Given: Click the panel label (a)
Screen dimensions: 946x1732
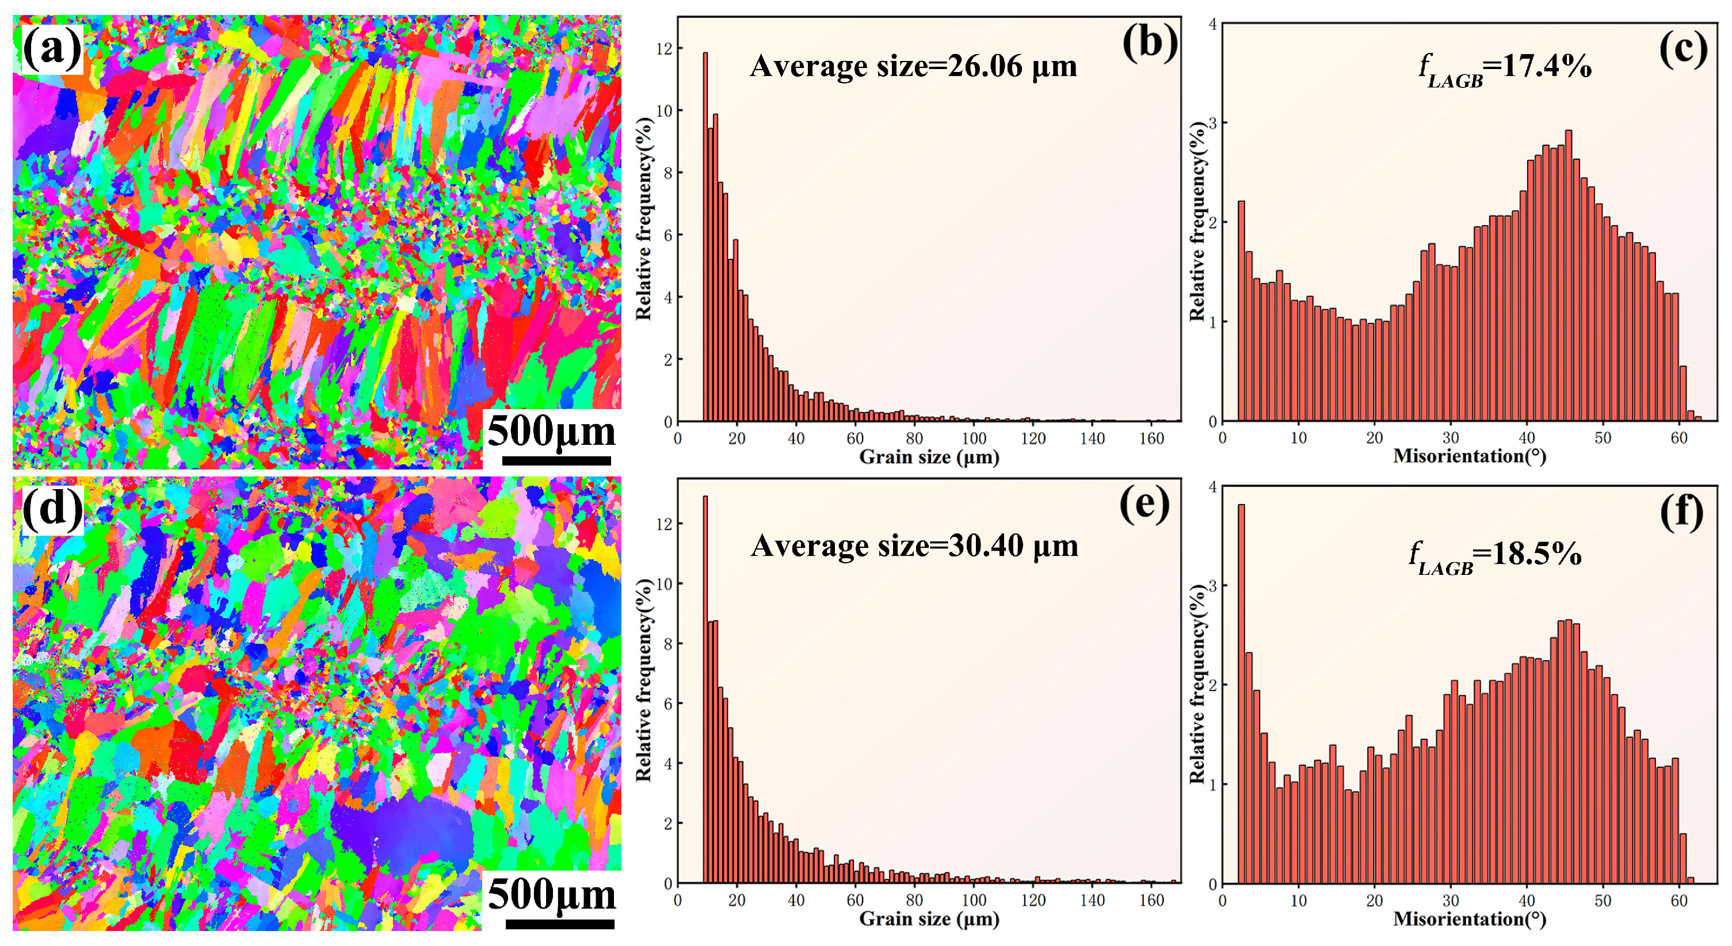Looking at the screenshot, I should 52,48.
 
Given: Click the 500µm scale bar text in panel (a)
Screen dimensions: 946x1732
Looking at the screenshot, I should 551,431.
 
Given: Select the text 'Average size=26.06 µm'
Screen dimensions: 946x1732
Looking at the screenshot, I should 913,66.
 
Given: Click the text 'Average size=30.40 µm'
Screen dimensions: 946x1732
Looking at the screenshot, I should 914,546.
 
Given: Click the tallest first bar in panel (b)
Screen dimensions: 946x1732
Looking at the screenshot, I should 705,235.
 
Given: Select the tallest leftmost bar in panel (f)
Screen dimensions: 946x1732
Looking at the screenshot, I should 1241,692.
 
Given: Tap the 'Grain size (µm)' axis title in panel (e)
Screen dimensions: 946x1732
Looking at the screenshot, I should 929,919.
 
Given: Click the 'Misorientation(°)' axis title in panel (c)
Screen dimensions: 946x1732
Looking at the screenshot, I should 1469,456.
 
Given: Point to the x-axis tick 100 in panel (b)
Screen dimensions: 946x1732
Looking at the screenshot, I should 974,438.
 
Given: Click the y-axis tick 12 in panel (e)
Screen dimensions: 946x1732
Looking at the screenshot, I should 663,524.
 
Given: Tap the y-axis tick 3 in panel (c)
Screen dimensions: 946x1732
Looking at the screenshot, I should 1213,123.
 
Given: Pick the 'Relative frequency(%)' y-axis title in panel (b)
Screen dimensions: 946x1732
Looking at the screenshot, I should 643,219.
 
